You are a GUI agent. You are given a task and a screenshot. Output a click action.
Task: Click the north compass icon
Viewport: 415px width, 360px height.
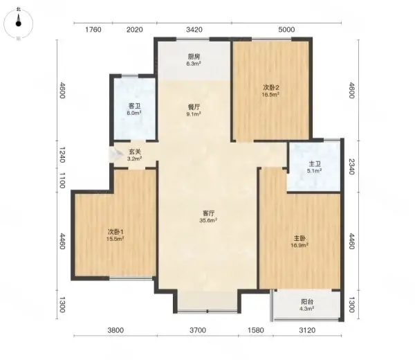[x=18, y=24]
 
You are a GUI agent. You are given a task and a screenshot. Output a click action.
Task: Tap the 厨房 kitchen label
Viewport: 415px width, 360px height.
[x=194, y=57]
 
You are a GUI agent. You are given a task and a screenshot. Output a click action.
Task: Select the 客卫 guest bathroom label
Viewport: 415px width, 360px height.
[x=134, y=106]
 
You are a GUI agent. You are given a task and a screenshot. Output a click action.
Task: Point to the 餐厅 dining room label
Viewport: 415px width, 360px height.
[x=194, y=107]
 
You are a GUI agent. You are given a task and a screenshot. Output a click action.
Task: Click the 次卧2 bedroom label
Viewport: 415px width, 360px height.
[x=271, y=87]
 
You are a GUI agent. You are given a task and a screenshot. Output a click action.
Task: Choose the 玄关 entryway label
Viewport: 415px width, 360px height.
[x=135, y=152]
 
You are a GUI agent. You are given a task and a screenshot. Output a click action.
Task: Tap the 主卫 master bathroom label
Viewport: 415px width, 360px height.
[x=315, y=164]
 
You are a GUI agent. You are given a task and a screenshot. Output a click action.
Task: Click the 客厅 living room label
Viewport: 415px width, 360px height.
[x=208, y=213]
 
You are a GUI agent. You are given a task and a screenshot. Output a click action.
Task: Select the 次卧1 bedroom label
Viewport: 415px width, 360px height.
[x=116, y=232]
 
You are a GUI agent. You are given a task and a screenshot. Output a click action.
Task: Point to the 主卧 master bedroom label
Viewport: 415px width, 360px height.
[x=299, y=238]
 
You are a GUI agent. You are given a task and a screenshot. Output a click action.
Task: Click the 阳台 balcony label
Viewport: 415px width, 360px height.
[x=307, y=301]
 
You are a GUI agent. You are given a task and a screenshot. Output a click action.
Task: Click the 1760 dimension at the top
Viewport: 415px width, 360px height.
[x=93, y=29]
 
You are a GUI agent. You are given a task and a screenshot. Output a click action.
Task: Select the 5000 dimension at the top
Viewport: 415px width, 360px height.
[x=286, y=29]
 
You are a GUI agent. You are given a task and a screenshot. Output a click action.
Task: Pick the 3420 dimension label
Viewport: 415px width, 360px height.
[x=194, y=29]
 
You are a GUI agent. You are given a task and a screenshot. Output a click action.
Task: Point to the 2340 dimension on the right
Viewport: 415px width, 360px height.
[x=351, y=166]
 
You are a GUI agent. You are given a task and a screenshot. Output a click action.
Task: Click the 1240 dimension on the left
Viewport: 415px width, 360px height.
[x=62, y=155]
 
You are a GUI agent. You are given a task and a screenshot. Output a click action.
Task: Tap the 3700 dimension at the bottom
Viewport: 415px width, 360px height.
[x=198, y=330]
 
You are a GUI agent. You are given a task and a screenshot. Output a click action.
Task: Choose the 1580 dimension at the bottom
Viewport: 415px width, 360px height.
[x=256, y=330]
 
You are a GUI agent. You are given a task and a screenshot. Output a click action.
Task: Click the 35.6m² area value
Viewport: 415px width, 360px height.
[x=208, y=220]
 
